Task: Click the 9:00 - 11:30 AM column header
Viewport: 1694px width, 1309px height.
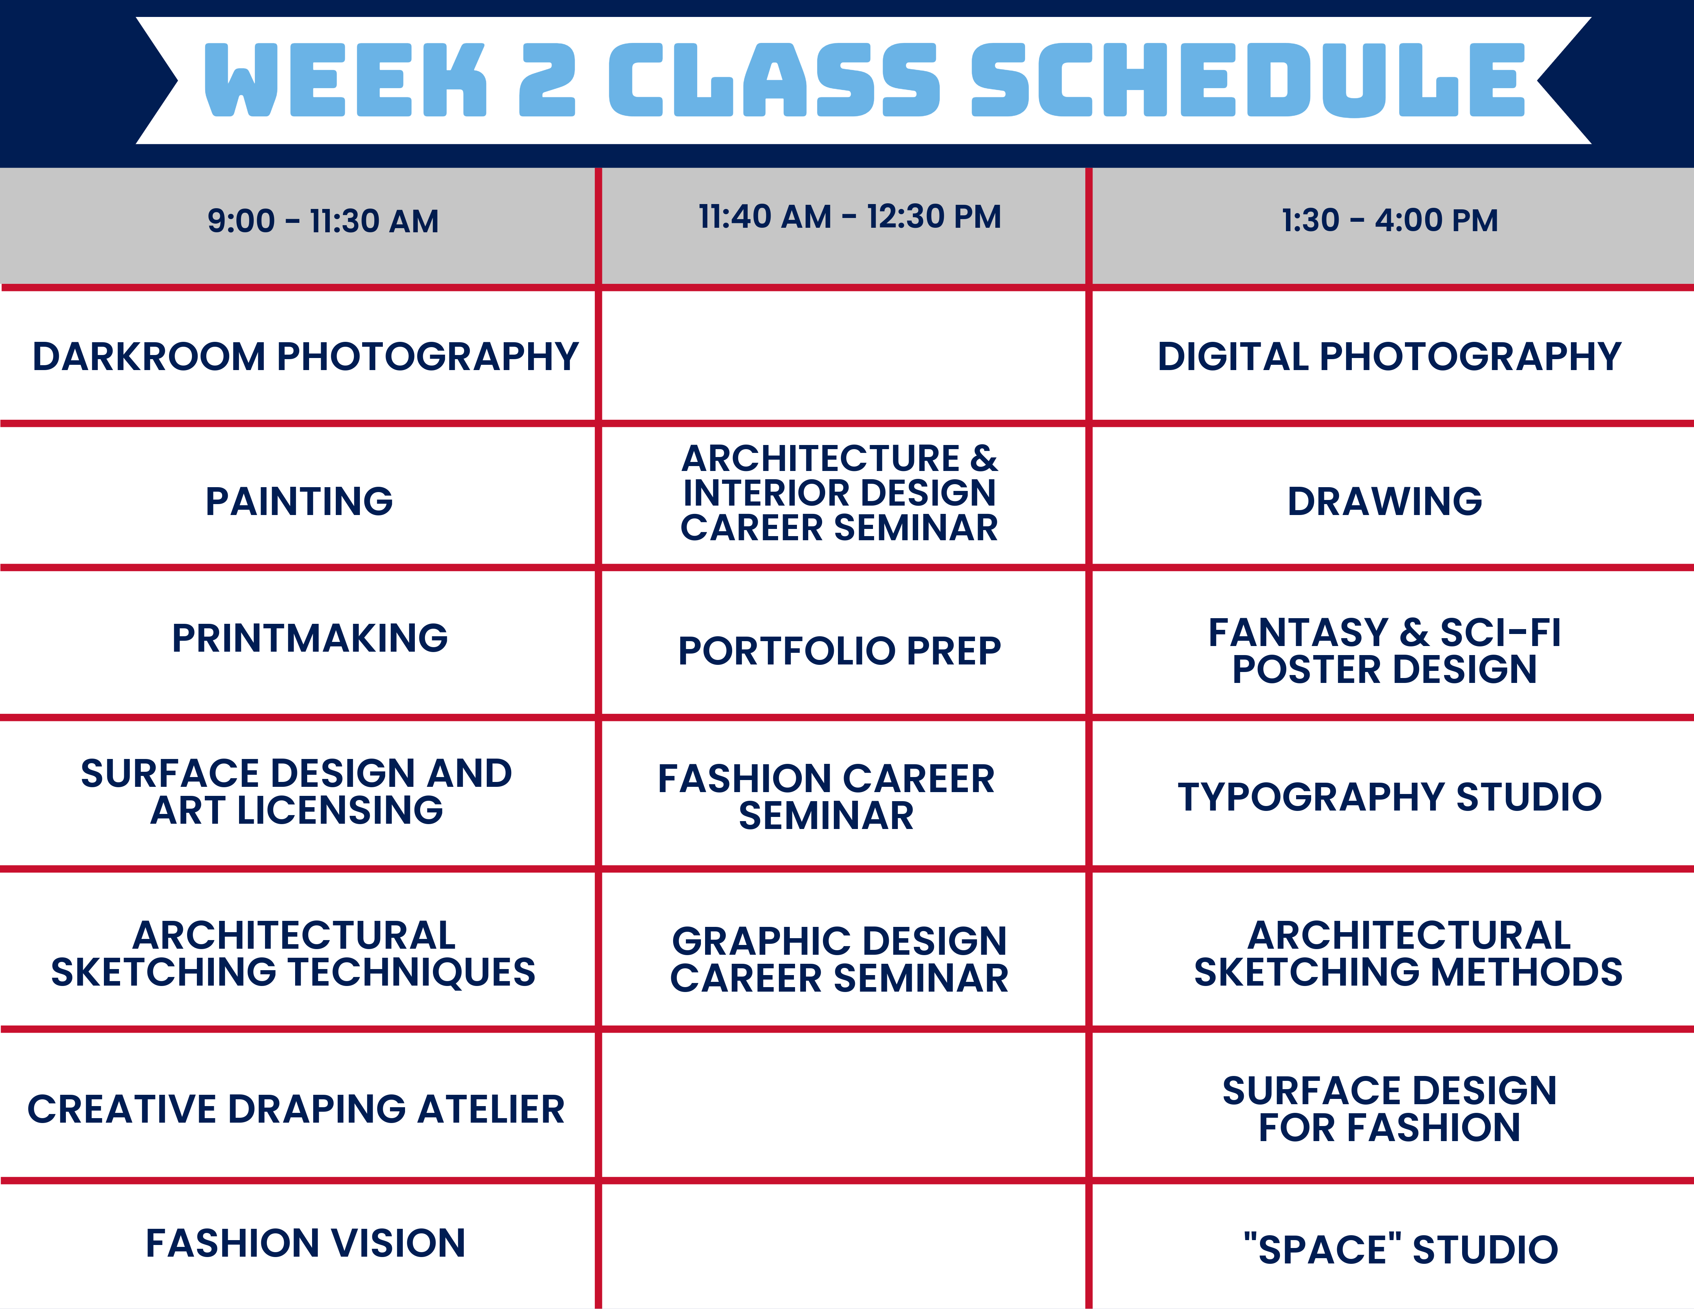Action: pyautogui.click(x=323, y=221)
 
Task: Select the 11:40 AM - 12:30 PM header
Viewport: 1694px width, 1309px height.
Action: pyautogui.click(x=849, y=217)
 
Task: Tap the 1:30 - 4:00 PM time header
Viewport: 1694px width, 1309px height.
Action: pyautogui.click(x=1389, y=220)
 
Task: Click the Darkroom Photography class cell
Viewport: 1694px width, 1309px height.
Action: pyautogui.click(x=305, y=357)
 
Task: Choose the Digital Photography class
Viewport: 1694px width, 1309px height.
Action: pyautogui.click(x=1388, y=357)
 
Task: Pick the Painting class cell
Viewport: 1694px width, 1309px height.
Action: pyautogui.click(x=299, y=501)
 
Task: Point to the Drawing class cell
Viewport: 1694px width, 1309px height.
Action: pyautogui.click(x=1385, y=501)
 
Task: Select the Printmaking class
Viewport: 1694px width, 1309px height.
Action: pyautogui.click(x=309, y=638)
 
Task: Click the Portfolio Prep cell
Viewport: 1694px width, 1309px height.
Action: pyautogui.click(x=839, y=651)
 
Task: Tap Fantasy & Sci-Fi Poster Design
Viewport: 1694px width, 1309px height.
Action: pyautogui.click(x=1385, y=651)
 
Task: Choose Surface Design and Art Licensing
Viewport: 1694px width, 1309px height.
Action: pyautogui.click(x=296, y=792)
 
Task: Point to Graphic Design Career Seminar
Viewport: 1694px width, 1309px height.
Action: pyautogui.click(x=839, y=959)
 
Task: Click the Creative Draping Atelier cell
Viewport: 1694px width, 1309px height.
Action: pyautogui.click(x=296, y=1109)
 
